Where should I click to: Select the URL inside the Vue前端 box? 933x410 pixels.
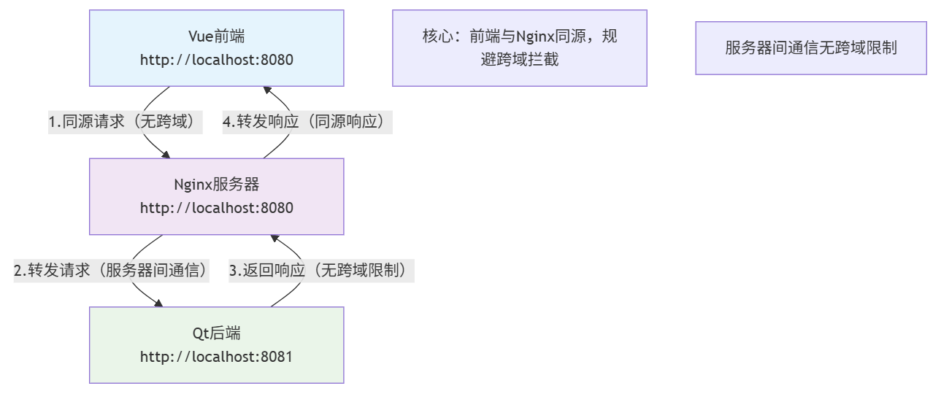click(216, 60)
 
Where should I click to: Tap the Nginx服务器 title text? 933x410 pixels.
click(216, 185)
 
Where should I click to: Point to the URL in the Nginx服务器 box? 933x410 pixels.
click(216, 208)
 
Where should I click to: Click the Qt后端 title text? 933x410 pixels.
click(216, 333)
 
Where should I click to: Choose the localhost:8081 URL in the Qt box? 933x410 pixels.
click(216, 357)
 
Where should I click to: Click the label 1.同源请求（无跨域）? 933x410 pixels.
click(125, 122)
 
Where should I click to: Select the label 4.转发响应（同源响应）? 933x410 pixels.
click(307, 122)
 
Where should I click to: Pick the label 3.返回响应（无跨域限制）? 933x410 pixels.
click(321, 271)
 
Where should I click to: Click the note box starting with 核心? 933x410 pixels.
click(519, 48)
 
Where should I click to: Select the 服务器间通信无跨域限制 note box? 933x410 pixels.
click(810, 48)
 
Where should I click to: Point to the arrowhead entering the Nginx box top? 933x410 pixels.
click(166, 155)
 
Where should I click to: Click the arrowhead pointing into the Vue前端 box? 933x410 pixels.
click(268, 90)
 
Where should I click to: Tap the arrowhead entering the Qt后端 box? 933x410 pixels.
click(158, 303)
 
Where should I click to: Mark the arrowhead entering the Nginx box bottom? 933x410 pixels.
click(275, 238)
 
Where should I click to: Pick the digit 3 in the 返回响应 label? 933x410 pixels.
click(234, 271)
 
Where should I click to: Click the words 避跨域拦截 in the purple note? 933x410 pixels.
click(520, 60)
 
